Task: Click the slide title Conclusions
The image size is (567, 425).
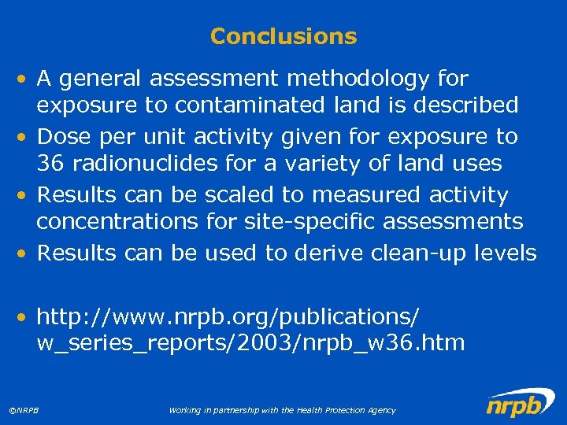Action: (283, 36)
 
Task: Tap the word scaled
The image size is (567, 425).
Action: (232, 195)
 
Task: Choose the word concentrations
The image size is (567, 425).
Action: (117, 222)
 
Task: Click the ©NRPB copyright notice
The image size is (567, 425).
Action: (24, 410)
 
